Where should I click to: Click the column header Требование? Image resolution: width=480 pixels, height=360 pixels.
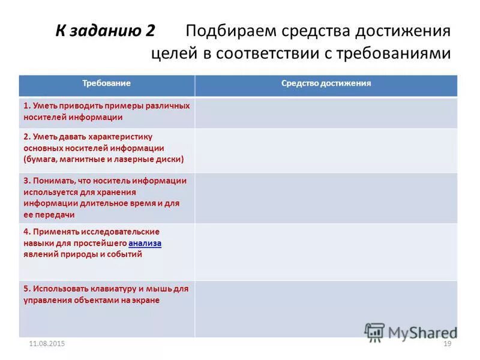coord(106,83)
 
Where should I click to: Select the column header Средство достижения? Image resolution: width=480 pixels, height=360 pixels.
coord(326,83)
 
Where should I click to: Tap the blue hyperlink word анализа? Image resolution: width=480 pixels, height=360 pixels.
coord(145,243)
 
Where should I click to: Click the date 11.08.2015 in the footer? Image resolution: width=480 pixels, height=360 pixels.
coord(47,343)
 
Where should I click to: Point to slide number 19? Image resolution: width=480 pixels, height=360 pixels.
coord(446,343)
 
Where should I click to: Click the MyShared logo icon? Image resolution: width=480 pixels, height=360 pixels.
coord(374,332)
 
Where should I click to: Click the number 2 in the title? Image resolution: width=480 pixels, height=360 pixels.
coord(150,31)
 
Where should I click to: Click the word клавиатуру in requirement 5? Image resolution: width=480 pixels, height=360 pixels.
coord(107,289)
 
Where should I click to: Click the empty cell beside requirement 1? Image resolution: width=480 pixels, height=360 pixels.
coord(326,112)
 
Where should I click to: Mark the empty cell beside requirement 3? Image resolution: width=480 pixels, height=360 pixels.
coord(326,198)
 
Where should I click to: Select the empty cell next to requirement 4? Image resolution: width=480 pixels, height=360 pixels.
coord(326,251)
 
